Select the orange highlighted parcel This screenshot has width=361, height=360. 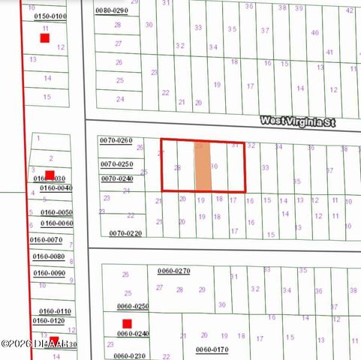(203, 167)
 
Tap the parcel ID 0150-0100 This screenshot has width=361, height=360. (50, 16)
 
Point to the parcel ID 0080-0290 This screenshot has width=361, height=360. (112, 10)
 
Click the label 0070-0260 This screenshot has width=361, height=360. (116, 140)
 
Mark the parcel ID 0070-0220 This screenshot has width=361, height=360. (125, 233)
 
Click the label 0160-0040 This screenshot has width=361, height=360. (56, 187)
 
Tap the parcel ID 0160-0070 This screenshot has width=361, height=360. (46, 239)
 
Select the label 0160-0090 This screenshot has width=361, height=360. (50, 273)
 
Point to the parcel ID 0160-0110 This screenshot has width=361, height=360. (55, 310)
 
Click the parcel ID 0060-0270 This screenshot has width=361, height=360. (173, 271)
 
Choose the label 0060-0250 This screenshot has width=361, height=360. (132, 306)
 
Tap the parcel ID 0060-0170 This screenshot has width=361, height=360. (212, 349)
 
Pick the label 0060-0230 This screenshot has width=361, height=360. (128, 355)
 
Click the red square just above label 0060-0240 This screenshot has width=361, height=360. (127, 324)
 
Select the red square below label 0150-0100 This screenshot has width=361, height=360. (45, 37)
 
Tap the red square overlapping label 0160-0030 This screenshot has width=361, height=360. (50, 175)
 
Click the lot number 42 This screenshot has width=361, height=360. (349, 10)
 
